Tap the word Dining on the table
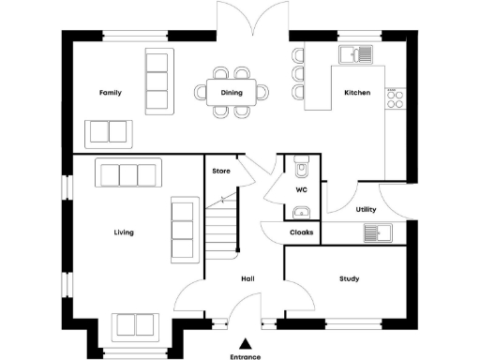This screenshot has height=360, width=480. [x=232, y=93]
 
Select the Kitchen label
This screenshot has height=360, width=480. [x=357, y=93]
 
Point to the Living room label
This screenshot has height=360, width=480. [x=124, y=232]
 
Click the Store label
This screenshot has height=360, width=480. [x=221, y=172]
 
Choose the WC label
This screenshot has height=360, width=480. [x=302, y=190]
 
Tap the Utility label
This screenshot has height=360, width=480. [x=367, y=210]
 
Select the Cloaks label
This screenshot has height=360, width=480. [x=301, y=232]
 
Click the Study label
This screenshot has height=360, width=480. [x=350, y=279]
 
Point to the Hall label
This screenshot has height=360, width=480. [x=247, y=279]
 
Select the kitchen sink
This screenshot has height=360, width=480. [x=356, y=52]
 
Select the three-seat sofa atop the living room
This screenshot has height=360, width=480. [x=129, y=174]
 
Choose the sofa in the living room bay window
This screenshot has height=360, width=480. [x=134, y=325]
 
